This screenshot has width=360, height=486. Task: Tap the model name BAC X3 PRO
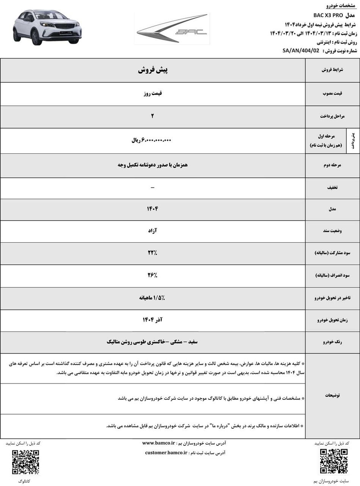click(328, 15)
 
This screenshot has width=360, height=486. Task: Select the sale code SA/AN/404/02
click(301, 50)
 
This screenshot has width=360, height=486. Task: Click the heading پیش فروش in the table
click(152, 70)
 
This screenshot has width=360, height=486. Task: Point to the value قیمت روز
click(152, 93)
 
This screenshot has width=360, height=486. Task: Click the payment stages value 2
click(152, 116)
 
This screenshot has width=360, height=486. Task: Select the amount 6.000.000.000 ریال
click(152, 140)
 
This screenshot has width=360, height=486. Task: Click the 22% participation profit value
click(152, 253)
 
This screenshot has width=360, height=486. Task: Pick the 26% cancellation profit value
click(152, 275)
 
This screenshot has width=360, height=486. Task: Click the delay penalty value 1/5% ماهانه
click(152, 298)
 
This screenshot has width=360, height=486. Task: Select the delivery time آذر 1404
click(152, 320)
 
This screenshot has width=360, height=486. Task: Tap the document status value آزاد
click(152, 230)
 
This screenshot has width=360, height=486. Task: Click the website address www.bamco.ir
click(159, 443)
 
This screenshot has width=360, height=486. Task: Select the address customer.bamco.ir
click(166, 453)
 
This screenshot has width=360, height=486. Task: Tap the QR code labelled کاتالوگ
click(25, 462)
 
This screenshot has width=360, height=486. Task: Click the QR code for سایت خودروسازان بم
click(333, 461)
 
